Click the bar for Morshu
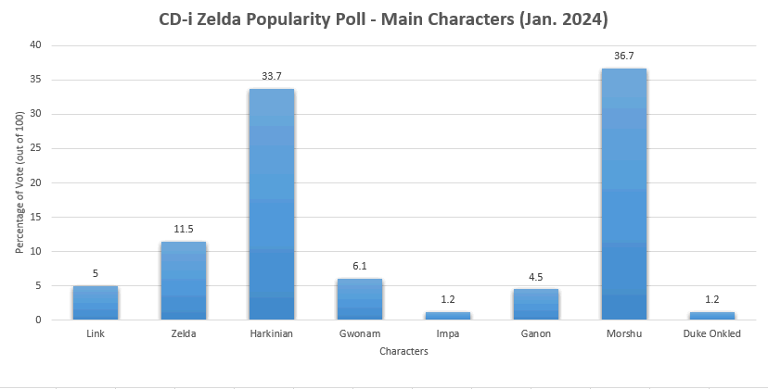pyautogui.click(x=623, y=194)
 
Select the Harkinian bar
pyautogui.click(x=272, y=205)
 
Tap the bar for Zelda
pyautogui.click(x=184, y=281)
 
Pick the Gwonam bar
pyautogui.click(x=360, y=299)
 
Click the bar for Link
pyautogui.click(x=96, y=303)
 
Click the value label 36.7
pyautogui.click(x=623, y=56)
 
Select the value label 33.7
pyautogui.click(x=272, y=77)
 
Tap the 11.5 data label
pyautogui.click(x=184, y=230)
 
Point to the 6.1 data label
pyautogui.click(x=360, y=267)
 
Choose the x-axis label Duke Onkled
pyautogui.click(x=711, y=333)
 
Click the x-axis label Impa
pyautogui.click(x=447, y=333)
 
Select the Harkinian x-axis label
pyautogui.click(x=272, y=333)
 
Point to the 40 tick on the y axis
pyautogui.click(x=35, y=45)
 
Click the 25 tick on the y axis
pyautogui.click(x=35, y=148)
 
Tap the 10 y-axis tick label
pyautogui.click(x=35, y=251)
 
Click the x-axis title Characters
pyautogui.click(x=403, y=352)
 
